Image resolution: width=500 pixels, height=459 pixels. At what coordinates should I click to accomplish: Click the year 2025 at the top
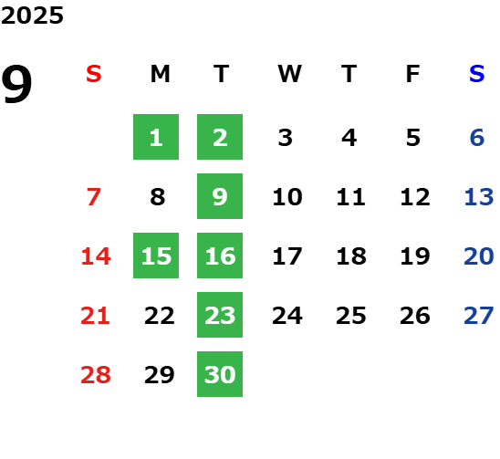click(32, 16)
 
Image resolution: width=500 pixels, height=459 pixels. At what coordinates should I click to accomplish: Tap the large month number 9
click(16, 84)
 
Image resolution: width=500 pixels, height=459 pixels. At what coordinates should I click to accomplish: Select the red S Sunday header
click(94, 74)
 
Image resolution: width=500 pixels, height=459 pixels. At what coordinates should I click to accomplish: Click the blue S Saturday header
click(477, 74)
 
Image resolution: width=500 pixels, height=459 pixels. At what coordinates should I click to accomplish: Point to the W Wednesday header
click(289, 74)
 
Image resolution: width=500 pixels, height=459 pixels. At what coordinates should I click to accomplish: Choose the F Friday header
click(413, 74)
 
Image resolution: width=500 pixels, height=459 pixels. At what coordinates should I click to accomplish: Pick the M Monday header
click(160, 74)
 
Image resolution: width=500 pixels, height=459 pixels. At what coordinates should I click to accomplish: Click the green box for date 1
click(156, 137)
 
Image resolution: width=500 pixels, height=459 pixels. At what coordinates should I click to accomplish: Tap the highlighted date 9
click(220, 196)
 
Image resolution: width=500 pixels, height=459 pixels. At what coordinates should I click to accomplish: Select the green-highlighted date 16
click(220, 256)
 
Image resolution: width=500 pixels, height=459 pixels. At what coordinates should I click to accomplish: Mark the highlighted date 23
click(220, 315)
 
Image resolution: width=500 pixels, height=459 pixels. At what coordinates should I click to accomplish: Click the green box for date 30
click(220, 374)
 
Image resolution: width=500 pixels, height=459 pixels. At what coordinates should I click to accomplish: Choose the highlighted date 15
click(156, 256)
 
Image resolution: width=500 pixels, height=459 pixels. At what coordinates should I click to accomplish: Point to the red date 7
click(94, 197)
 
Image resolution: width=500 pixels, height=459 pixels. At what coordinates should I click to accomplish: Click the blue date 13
click(479, 197)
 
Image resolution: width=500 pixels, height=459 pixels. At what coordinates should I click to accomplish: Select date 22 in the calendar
click(160, 316)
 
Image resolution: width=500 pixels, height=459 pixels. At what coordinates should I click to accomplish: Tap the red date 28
click(96, 375)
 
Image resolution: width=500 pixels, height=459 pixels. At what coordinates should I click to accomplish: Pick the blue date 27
click(479, 316)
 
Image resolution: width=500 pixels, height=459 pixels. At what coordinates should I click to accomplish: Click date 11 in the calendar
click(350, 197)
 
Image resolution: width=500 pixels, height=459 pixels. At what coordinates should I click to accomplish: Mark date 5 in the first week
click(413, 138)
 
